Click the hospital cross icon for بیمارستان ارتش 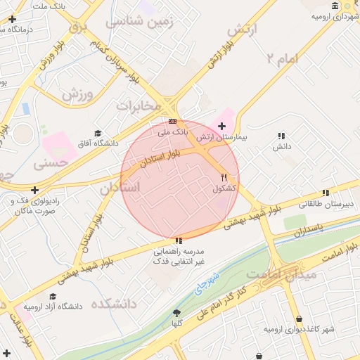tap(222, 126)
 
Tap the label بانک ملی tap(173, 131)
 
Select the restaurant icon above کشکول tap(224, 178)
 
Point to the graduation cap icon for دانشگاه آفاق tap(98, 134)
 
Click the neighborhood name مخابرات tap(139, 105)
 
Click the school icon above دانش tap(281, 136)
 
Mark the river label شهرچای tap(207, 281)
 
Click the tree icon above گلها tap(176, 313)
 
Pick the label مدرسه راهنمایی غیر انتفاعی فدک tap(179, 256)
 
